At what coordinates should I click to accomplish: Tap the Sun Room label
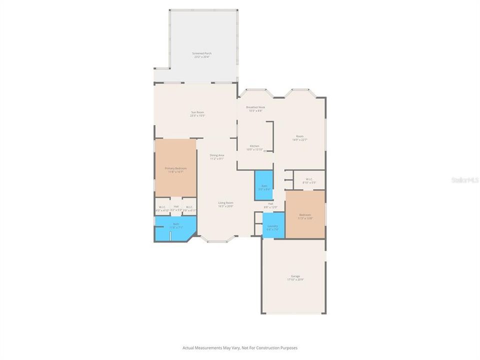point(197,112)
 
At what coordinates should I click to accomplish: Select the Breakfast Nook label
point(255,107)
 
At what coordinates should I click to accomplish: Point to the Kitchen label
point(254,146)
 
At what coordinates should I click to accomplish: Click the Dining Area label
point(216,155)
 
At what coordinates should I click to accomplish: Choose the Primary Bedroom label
point(175,168)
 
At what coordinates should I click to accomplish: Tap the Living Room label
point(225,202)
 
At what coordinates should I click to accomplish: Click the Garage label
point(295,276)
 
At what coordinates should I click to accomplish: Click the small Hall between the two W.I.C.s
point(176,206)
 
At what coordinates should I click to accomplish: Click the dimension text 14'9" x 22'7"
point(299,140)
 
